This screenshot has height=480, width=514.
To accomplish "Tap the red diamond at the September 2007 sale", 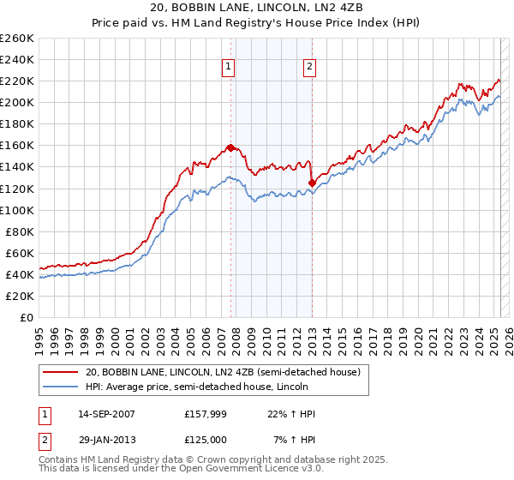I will pyautogui.click(x=230, y=147).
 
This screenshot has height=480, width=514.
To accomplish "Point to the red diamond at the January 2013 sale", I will pyautogui.click(x=312, y=182).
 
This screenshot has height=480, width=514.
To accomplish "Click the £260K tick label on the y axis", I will pyautogui.click(x=17, y=39).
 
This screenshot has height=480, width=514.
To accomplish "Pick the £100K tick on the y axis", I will pyautogui.click(x=17, y=210).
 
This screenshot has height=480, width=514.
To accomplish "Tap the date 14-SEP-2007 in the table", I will pyautogui.click(x=106, y=414).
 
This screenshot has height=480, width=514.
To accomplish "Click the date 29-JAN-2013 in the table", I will pyautogui.click(x=106, y=438).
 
